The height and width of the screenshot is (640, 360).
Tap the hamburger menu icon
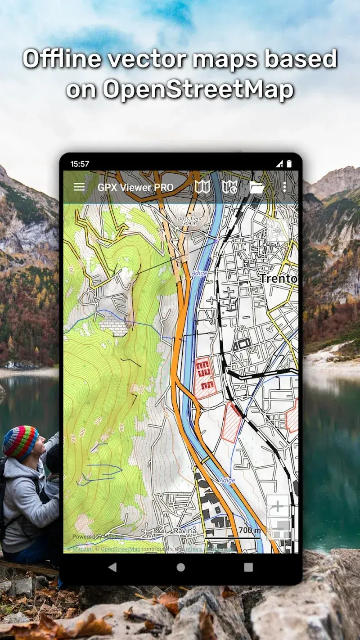coord(79,187)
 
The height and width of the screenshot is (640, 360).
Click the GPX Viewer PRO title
coord(135,188)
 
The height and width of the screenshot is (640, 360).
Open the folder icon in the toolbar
coord(256,187)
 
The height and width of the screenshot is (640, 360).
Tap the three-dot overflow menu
coord(284,187)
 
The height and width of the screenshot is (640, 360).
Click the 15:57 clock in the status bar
coord(80,164)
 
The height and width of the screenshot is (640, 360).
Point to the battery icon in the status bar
coord(289,164)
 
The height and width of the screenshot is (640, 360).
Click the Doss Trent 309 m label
coord(189,221)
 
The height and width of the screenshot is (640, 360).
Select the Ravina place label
coord(185,531)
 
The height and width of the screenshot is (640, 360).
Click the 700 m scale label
coord(249,530)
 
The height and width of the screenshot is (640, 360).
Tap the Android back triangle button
coord(112,567)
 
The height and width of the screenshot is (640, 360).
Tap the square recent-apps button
coord(248,567)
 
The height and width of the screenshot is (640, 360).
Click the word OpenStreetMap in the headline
coord(198,90)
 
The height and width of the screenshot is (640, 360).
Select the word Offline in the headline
coord(60,59)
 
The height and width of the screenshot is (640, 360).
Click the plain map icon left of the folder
coord(202,187)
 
